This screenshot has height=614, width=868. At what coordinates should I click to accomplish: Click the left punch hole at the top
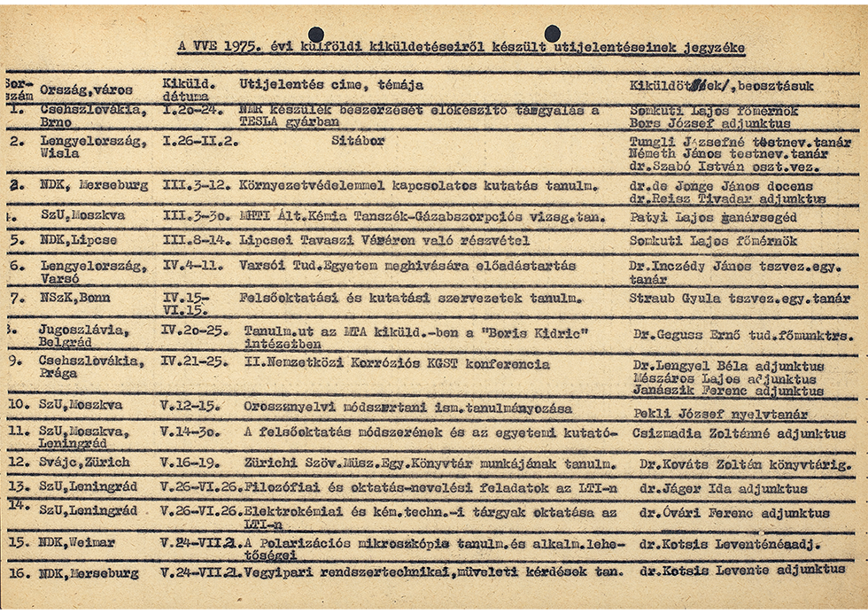pyautogui.click(x=317, y=34)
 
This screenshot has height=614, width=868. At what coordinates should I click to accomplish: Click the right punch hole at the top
pyautogui.click(x=552, y=34)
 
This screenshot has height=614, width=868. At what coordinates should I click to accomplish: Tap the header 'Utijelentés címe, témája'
pyautogui.click(x=331, y=85)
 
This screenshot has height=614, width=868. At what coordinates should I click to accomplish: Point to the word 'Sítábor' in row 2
pyautogui.click(x=358, y=140)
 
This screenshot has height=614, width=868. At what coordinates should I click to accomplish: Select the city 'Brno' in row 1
pyautogui.click(x=58, y=123)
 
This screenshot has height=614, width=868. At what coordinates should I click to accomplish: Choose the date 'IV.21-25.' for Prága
pyautogui.click(x=190, y=364)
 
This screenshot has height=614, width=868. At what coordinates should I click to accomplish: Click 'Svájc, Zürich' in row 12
pyautogui.click(x=84, y=462)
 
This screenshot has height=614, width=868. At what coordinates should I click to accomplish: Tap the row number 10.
pyautogui.click(x=18, y=407)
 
